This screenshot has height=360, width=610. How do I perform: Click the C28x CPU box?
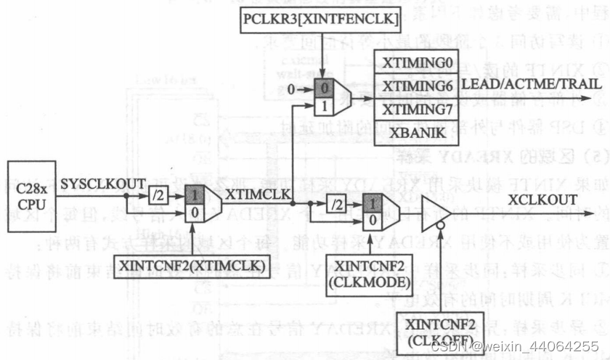tap(33, 196)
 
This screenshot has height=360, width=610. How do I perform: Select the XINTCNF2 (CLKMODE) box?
tap(367, 269)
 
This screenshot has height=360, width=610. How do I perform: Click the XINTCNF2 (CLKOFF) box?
tap(442, 331)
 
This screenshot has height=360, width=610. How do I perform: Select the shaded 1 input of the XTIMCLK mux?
tap(195, 195)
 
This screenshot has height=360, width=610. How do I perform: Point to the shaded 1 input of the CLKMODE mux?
tap(372, 205)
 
